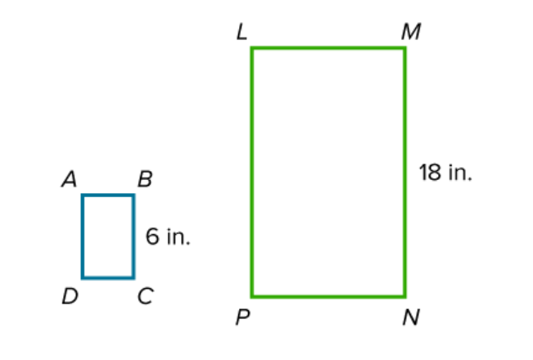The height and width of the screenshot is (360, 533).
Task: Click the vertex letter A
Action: point(70,179)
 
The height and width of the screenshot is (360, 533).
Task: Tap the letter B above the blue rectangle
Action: point(145,179)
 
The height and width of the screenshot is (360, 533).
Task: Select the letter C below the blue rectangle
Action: point(146,296)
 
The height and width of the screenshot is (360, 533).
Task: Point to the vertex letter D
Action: point(70,296)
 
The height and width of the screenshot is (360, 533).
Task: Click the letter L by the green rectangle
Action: point(242,32)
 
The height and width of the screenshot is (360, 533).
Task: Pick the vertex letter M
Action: point(411,32)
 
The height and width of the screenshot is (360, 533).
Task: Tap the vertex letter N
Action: point(411,317)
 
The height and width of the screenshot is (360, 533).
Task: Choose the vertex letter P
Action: point(242,318)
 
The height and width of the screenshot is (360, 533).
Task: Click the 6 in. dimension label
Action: point(168,236)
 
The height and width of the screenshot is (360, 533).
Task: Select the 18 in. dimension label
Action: point(445,173)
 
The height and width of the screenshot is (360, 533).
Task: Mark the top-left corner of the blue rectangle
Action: point(83,196)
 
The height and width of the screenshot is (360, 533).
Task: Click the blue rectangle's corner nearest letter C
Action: point(133,278)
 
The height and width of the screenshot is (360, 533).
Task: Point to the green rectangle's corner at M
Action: point(404,48)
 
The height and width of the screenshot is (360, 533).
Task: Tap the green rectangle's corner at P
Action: point(252,297)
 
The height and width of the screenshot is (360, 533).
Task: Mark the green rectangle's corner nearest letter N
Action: point(404,297)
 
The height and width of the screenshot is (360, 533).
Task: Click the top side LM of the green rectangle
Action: point(328,48)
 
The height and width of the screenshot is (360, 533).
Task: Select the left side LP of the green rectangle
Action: point(252,173)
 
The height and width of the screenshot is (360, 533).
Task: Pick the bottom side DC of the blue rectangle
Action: point(108,278)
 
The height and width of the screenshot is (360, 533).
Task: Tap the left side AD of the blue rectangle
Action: point(83,236)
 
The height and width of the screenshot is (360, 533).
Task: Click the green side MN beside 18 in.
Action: point(404,173)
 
